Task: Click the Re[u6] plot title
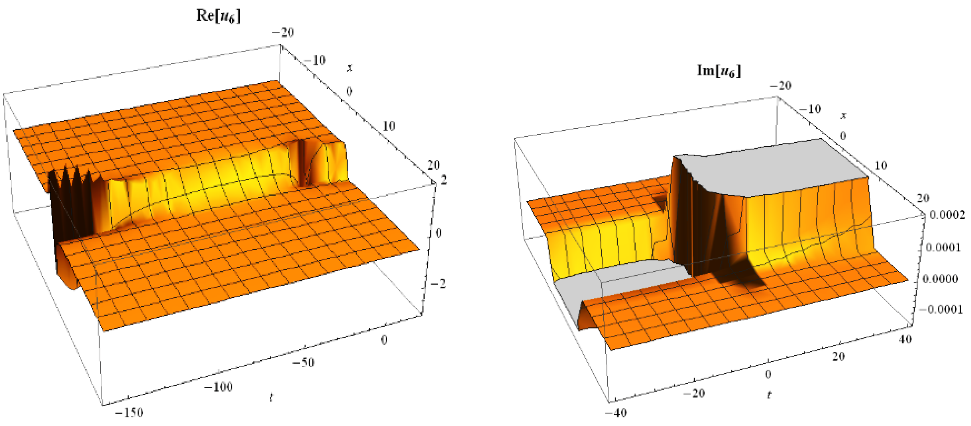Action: point(218,16)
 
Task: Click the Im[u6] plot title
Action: point(719,70)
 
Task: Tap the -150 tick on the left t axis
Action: point(129,413)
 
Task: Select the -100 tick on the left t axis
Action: point(218,387)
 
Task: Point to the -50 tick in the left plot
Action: point(303,363)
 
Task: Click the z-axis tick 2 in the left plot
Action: point(444,180)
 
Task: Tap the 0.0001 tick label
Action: point(944,247)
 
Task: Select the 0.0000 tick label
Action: point(940,279)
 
